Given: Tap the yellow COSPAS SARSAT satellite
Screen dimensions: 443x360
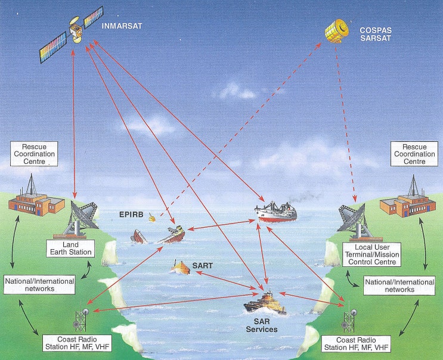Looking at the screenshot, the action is click(337, 31).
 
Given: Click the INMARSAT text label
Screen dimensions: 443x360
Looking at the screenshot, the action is click(122, 26).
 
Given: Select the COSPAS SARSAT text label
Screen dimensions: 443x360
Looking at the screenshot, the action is click(376, 34).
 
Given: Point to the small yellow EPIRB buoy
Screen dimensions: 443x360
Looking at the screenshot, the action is click(152, 218).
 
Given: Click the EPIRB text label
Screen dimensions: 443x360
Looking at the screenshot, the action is click(131, 215).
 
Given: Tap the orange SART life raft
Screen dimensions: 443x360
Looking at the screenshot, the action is click(181, 267).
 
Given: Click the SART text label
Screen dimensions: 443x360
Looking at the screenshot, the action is click(203, 265).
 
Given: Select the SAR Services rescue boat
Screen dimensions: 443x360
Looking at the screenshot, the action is click(265, 303).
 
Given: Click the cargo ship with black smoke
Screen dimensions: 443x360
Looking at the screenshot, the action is click(275, 212).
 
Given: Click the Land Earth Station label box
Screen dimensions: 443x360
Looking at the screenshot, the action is click(70, 249).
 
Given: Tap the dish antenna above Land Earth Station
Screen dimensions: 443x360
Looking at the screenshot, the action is click(80, 218).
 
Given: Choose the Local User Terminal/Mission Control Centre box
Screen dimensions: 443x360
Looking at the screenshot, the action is click(371, 255).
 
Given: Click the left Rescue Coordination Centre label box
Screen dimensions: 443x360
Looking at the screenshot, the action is click(34, 154).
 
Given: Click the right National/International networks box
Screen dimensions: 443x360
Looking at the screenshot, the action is click(399, 285).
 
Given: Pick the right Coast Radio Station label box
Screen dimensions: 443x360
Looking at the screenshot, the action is click(356, 344).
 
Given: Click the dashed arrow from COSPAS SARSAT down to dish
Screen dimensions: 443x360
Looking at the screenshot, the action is click(345, 124).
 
